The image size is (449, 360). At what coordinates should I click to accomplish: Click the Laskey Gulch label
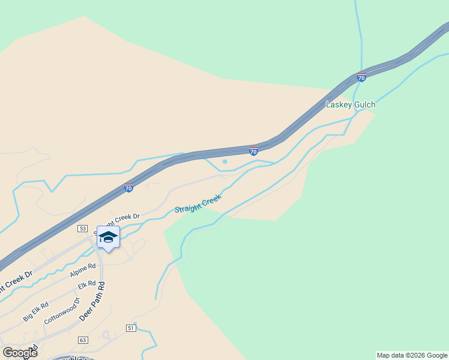click(350, 104)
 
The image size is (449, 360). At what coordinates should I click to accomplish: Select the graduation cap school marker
click(108, 237)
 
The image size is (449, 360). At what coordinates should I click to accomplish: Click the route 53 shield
click(82, 229)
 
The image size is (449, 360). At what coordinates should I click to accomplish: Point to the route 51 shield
click(131, 328)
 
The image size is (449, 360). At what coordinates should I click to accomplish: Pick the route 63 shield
click(82, 340)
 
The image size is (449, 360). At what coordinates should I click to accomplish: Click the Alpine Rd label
click(83, 271)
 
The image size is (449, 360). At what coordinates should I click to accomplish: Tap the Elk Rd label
click(87, 284)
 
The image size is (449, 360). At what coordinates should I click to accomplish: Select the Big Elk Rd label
click(35, 312)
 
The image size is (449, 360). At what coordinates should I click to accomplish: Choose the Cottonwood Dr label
click(62, 311)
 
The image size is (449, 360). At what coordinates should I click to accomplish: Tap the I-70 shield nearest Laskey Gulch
click(361, 77)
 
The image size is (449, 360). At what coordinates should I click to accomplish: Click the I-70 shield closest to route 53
click(129, 188)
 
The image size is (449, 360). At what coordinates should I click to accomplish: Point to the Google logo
click(20, 353)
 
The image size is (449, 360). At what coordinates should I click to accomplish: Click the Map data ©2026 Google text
click(412, 355)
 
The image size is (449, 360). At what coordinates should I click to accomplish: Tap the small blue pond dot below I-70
click(224, 161)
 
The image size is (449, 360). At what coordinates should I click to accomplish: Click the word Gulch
click(364, 104)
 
